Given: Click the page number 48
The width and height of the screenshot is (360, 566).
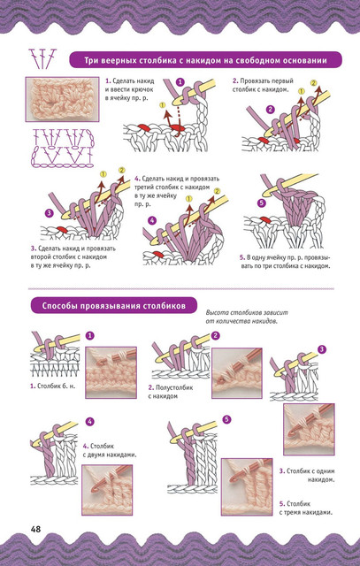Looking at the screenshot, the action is coord(35,529).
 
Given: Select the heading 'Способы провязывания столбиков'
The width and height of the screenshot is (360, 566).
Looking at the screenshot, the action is coord(114,306).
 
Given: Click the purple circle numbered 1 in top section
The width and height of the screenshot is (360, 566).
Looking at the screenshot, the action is coord(180,82).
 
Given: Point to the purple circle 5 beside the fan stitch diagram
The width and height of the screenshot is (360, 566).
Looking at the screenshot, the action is coord(262,203).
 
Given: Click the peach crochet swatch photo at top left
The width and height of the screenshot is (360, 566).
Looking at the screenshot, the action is coord(62,99).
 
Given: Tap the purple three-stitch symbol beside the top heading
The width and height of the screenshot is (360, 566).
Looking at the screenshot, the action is coord(43,59).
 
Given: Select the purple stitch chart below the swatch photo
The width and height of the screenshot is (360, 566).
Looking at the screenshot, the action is coord(63,148).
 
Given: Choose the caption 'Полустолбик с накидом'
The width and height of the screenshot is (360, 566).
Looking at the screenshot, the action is coord(171,392).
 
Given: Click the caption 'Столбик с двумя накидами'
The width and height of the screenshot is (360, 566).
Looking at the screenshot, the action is coord(110,450).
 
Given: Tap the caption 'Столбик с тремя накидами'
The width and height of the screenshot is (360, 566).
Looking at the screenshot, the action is coord(306,508).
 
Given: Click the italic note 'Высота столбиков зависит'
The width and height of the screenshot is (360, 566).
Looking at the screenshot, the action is coord(247,312).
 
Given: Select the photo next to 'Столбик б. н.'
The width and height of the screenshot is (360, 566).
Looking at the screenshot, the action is coord(111,372).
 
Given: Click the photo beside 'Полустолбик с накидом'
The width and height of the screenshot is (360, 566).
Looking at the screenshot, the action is coord(237,373).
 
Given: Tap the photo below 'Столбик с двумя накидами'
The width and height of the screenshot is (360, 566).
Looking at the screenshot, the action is coord(107,490).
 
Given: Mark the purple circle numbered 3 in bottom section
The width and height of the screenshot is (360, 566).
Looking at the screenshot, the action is coord(321,349).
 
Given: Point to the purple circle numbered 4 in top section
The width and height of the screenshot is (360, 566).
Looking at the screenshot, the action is coord(152,220).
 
